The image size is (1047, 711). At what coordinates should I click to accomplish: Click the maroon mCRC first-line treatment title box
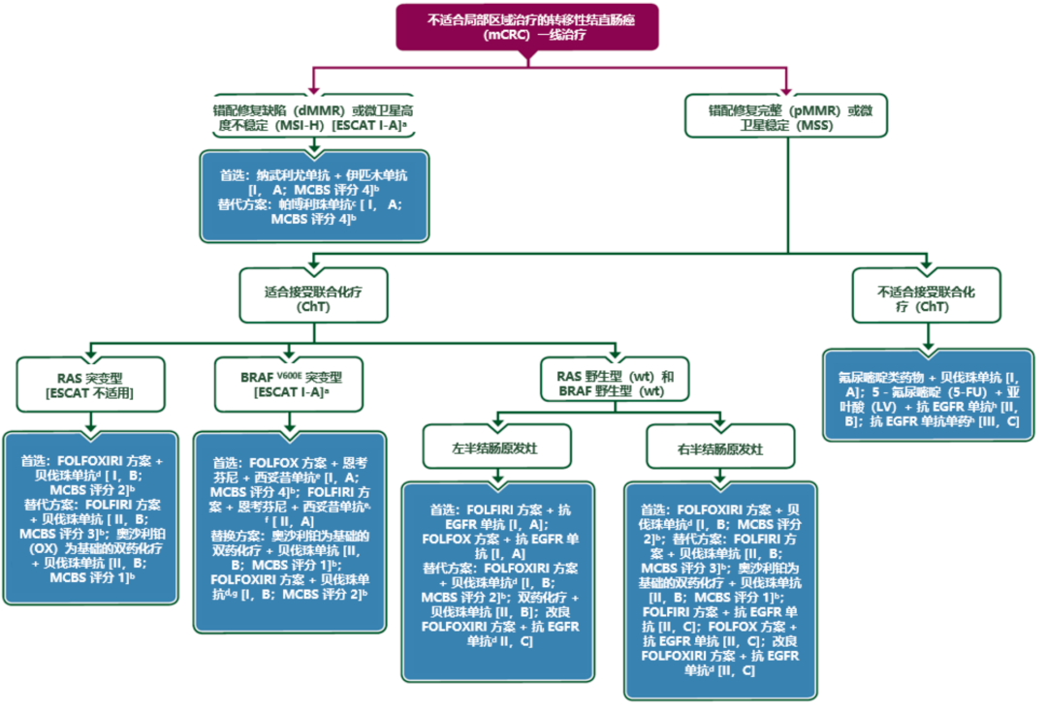[526, 28]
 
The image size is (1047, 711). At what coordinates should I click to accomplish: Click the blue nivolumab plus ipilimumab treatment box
[313, 197]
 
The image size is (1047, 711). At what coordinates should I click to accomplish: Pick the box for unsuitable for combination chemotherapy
[927, 297]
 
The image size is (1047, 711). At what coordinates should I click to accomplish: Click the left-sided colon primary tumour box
[497, 449]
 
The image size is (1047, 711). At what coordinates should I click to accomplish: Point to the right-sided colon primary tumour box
[720, 449]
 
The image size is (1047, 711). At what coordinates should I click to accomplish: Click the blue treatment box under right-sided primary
[720, 590]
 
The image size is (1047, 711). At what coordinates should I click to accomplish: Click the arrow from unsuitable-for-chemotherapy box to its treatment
[928, 335]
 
